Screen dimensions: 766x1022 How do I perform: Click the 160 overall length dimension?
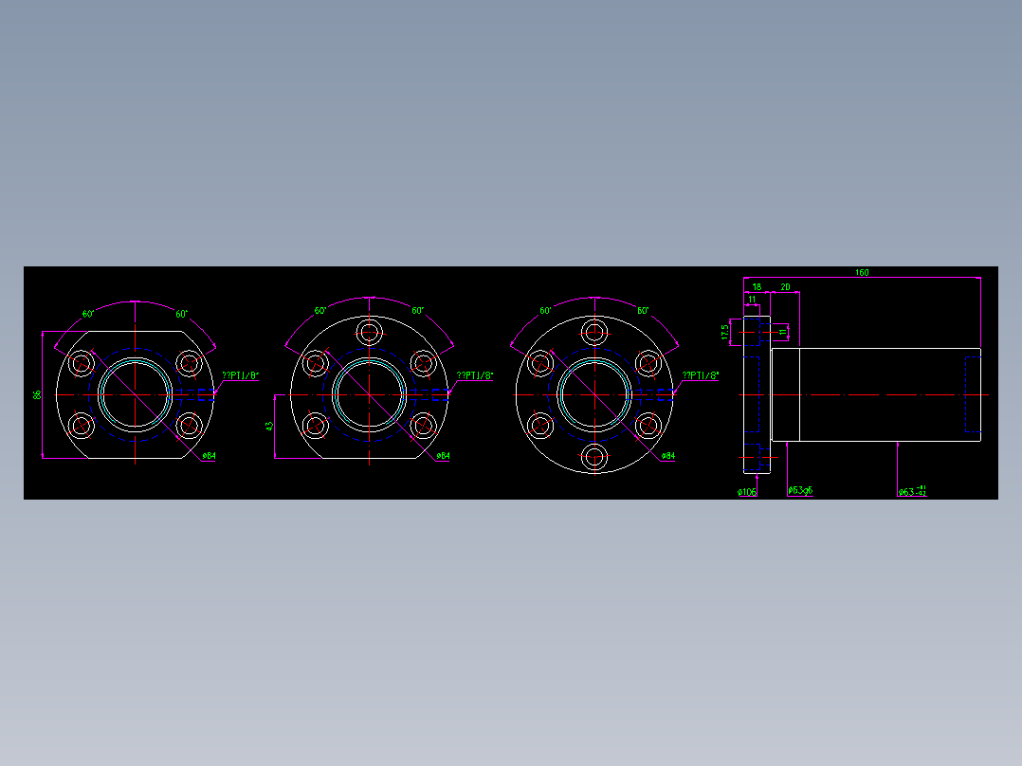coord(861,273)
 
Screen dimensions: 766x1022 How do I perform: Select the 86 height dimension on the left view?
coord(38,394)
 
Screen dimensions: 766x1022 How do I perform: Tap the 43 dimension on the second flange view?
coord(269,427)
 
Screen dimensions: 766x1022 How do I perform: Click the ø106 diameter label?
coord(747,492)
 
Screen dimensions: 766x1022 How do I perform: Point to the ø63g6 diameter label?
coord(801,491)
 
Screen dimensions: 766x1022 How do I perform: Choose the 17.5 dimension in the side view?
coord(725,332)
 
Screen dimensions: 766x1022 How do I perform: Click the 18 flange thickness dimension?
coord(757,286)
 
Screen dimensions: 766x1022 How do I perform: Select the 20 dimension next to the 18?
coord(785,286)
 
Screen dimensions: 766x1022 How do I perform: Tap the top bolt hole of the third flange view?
coord(594,331)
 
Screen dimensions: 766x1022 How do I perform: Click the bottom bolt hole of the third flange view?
coord(594,458)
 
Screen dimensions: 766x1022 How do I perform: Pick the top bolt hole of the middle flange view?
coord(369,331)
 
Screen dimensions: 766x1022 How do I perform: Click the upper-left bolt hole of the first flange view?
coord(82,362)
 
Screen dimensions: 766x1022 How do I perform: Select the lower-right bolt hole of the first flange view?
coord(190,426)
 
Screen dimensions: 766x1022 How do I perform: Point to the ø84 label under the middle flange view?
coord(443,457)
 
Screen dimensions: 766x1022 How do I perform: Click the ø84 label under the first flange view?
coord(209,457)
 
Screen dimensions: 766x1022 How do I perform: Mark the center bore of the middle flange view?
coord(369,394)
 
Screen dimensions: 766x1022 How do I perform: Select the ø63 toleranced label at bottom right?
coord(912,491)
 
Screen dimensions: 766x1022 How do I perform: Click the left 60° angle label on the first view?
coord(88,314)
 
